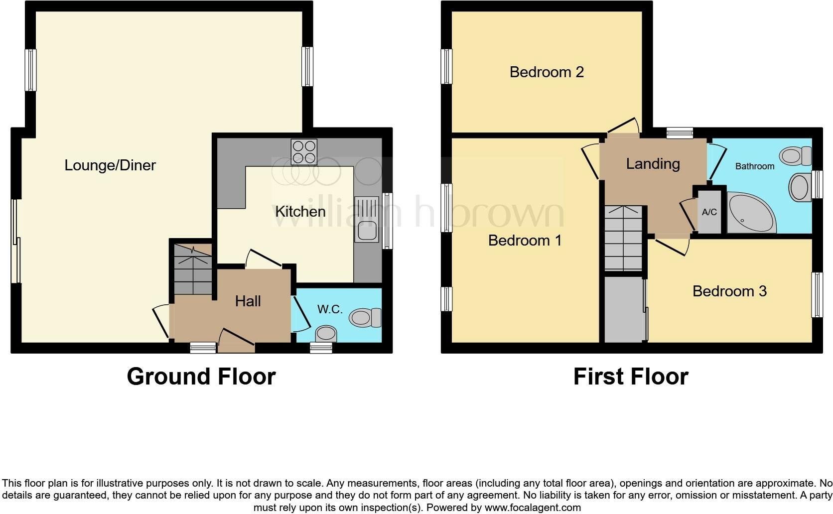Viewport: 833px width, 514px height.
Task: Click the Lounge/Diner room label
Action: click(110, 165)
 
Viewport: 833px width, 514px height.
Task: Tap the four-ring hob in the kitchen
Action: click(303, 151)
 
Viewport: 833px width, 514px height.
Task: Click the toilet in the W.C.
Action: click(366, 317)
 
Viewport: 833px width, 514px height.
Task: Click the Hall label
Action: click(248, 301)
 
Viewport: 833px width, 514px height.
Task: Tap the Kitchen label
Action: click(300, 212)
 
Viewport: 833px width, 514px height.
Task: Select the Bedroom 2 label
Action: click(547, 72)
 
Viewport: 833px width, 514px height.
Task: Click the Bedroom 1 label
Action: click(525, 241)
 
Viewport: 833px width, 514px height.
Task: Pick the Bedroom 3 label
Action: click(729, 291)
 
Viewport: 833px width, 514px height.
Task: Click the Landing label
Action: click(653, 164)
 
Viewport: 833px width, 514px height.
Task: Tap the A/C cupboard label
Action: click(709, 212)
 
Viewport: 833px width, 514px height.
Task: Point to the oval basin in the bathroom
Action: click(800, 187)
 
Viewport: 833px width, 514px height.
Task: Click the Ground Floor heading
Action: click(201, 377)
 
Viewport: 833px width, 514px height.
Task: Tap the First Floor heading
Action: click(630, 377)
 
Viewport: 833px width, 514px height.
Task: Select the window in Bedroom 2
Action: click(447, 66)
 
